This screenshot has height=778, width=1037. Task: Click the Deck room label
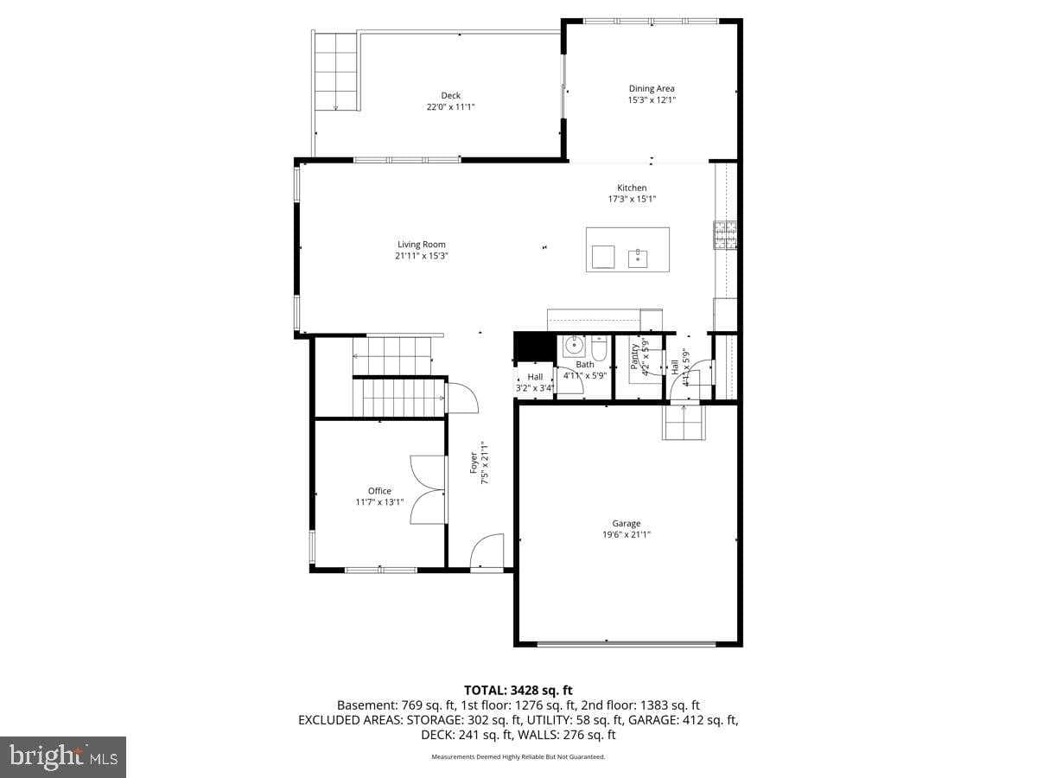click(450, 95)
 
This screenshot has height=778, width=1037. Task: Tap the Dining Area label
click(652, 88)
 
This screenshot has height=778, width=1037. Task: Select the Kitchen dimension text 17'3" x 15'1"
click(631, 199)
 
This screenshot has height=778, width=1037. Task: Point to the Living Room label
click(422, 245)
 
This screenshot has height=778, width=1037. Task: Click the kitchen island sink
click(638, 256)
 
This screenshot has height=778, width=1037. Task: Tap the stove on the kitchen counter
click(724, 234)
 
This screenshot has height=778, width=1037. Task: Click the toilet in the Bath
click(599, 348)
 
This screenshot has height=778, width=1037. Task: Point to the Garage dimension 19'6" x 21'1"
click(627, 534)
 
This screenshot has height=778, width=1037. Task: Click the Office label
click(379, 491)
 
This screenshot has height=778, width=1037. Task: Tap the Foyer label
click(474, 463)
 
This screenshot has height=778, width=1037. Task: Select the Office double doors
click(429, 489)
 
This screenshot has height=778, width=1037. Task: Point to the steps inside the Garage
click(684, 423)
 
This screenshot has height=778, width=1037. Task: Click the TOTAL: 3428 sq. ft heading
click(518, 690)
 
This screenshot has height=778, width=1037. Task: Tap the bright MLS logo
click(63, 757)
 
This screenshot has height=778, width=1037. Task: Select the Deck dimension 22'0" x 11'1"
click(450, 107)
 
